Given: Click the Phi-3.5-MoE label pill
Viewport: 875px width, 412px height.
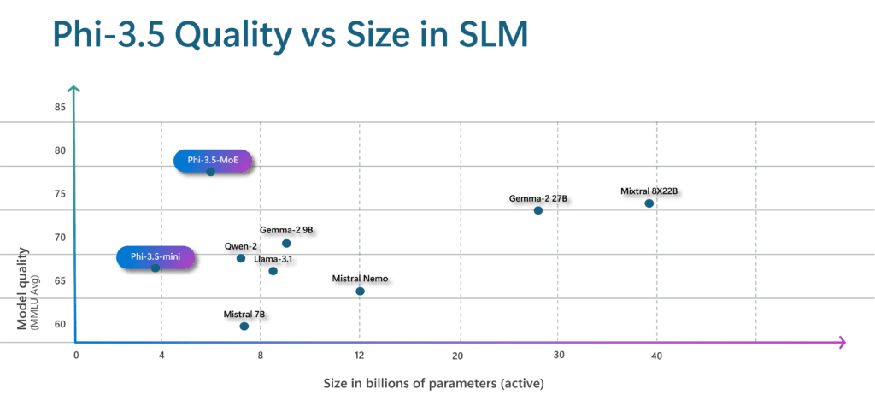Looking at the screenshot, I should click(x=214, y=160).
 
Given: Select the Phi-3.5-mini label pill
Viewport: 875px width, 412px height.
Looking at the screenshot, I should click(x=156, y=256).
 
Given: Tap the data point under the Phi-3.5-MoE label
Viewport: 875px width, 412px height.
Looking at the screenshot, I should click(x=211, y=172).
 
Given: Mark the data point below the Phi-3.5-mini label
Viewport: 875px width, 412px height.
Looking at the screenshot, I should click(x=156, y=268).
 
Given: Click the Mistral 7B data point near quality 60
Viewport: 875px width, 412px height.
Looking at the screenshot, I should click(x=244, y=326).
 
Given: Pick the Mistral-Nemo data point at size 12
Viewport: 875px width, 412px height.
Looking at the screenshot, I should click(x=360, y=291).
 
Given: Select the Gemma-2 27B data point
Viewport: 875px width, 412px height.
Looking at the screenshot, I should click(x=537, y=210).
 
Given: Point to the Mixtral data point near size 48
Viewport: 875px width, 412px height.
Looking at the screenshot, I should click(x=649, y=203).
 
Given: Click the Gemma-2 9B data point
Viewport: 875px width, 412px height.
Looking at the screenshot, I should click(x=286, y=244).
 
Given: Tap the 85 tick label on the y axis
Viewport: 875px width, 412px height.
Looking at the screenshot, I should click(x=60, y=108).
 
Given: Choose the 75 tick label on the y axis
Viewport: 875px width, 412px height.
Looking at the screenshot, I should click(x=60, y=194).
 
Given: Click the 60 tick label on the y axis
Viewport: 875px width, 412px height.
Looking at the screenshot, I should click(x=60, y=324).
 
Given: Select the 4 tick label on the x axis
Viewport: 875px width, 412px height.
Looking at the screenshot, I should click(x=161, y=355).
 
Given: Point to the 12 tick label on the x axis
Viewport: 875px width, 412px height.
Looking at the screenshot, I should click(x=359, y=355).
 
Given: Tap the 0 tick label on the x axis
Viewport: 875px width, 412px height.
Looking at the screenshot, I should click(x=76, y=355).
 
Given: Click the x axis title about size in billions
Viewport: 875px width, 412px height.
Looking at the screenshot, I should click(x=433, y=384).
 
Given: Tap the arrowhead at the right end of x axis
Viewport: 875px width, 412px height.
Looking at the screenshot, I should click(x=841, y=343).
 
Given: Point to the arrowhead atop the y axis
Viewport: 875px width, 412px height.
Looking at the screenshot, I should click(x=75, y=89).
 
